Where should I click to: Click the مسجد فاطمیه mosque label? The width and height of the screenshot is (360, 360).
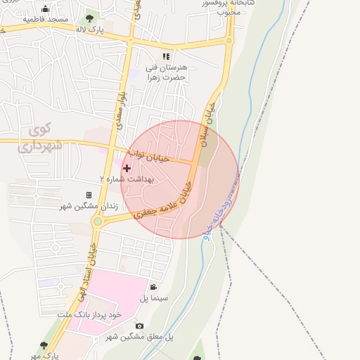[x=46, y=19]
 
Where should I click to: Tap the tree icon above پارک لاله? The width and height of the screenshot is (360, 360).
[x=89, y=19]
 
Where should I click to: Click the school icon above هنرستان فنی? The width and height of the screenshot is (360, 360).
[x=166, y=56]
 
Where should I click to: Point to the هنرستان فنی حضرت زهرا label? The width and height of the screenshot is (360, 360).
[x=166, y=72]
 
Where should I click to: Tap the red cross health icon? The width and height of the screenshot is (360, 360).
[x=127, y=167]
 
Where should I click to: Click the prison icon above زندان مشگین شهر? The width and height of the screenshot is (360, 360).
[x=89, y=195]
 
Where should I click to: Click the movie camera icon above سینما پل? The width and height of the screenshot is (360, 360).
[x=154, y=287]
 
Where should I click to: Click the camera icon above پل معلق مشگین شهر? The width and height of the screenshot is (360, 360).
[x=139, y=326]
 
